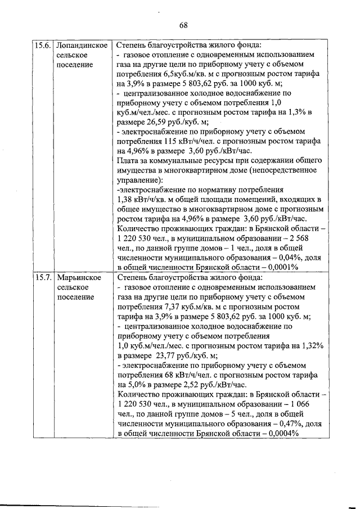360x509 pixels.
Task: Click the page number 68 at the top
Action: pos(183,25)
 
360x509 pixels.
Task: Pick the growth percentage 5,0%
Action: pos(139,385)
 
